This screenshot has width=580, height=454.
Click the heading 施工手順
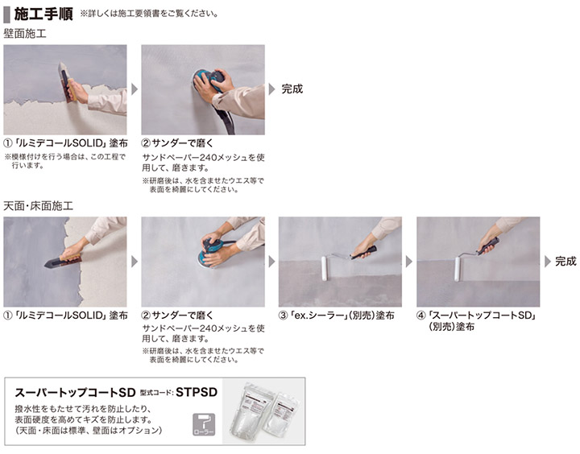[x=43, y=14]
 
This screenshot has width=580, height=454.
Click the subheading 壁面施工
[x=25, y=34]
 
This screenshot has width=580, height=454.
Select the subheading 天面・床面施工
[x=38, y=206]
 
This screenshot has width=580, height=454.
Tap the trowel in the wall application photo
[x=67, y=82]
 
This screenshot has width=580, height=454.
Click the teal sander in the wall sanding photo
[x=209, y=80]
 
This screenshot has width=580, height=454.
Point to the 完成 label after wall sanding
[x=292, y=89]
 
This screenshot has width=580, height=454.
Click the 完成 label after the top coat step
[x=565, y=262]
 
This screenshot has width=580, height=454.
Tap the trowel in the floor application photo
[x=62, y=262]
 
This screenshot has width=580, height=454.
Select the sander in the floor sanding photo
[x=213, y=252]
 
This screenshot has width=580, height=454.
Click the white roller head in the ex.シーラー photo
[x=325, y=268]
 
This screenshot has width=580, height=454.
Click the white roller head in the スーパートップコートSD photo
[x=458, y=269]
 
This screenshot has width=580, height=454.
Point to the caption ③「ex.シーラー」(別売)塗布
[x=336, y=316]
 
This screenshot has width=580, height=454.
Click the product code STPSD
[x=197, y=392]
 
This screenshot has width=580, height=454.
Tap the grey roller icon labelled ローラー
[x=204, y=424]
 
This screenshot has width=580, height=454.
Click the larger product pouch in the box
[x=254, y=412]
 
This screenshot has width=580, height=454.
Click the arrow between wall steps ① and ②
[x=135, y=89]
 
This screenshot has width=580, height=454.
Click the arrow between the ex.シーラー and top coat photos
[x=408, y=262]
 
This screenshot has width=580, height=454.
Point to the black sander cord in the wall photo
[x=226, y=118]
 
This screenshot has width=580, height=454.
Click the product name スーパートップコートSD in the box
[x=75, y=392]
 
